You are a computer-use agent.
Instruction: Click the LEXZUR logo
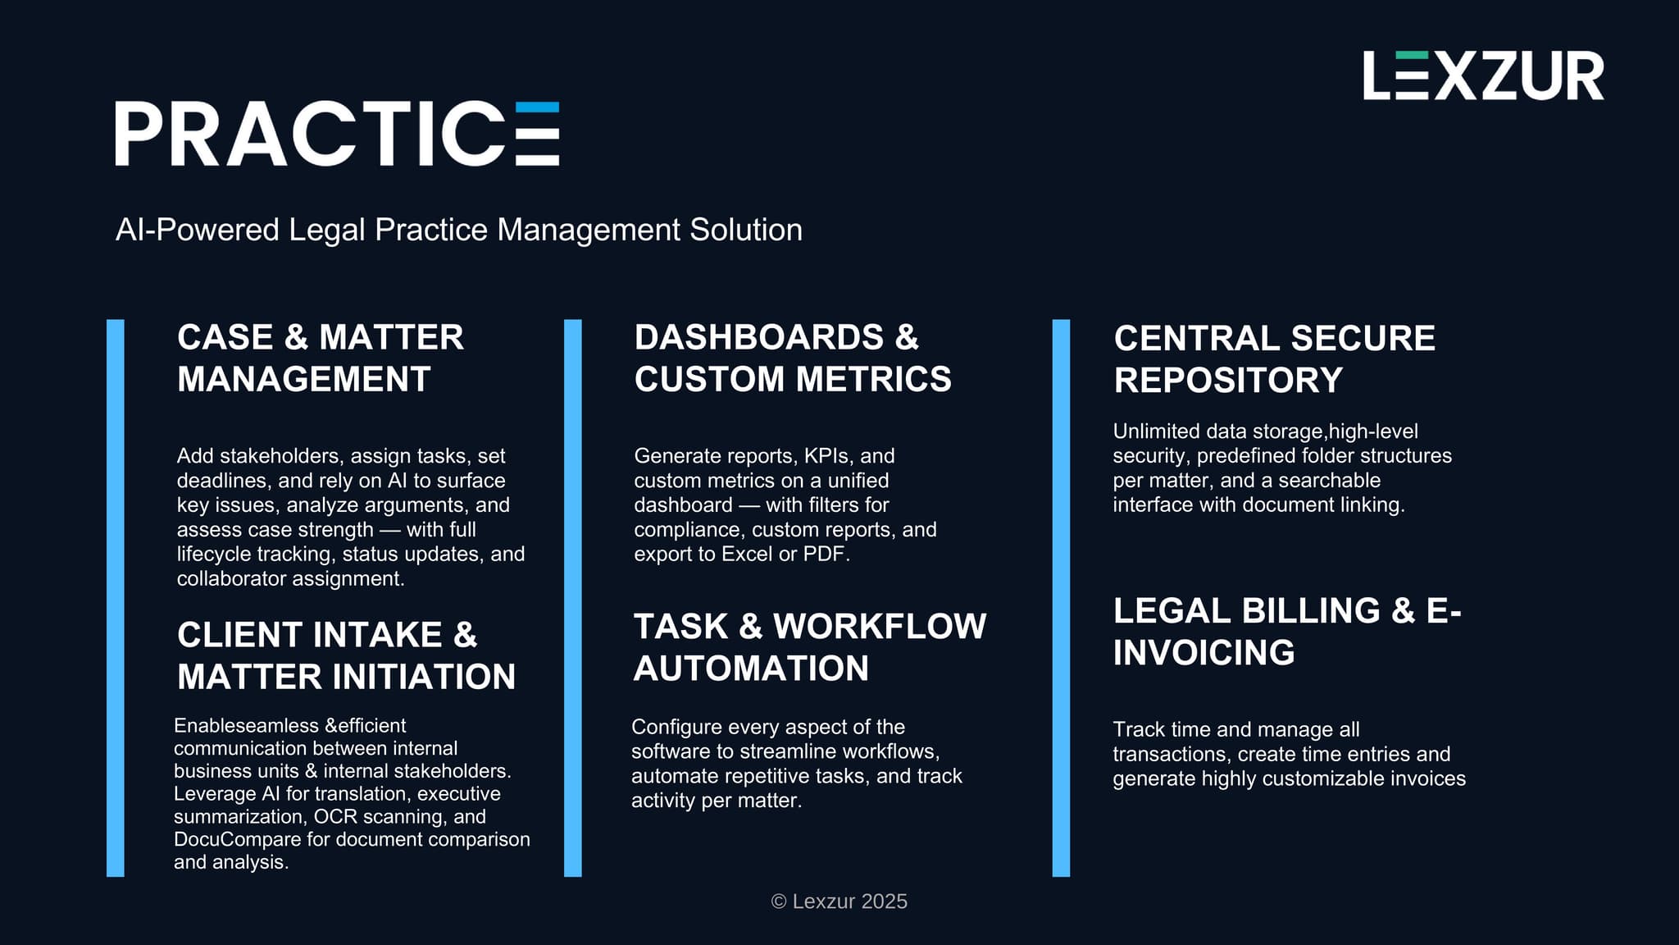tap(1483, 75)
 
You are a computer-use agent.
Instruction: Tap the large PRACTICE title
tap(337, 134)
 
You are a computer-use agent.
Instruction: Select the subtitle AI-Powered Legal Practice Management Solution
tap(459, 230)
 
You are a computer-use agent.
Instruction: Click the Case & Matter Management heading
tap(321, 358)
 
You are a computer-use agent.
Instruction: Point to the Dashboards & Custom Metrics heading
tap(793, 358)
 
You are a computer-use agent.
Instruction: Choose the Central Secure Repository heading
tap(1275, 359)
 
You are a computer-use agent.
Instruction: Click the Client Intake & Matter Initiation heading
tap(347, 655)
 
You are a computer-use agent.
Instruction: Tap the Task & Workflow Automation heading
tap(810, 647)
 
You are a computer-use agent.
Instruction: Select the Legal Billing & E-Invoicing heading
tap(1287, 632)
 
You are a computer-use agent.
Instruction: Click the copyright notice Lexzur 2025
tap(839, 902)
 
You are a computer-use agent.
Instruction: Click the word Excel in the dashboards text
tap(747, 554)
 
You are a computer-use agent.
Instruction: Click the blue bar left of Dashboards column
tap(573, 598)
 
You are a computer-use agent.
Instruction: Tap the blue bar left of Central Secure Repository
tap(1061, 598)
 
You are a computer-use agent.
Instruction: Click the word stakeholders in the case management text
tap(282, 456)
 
